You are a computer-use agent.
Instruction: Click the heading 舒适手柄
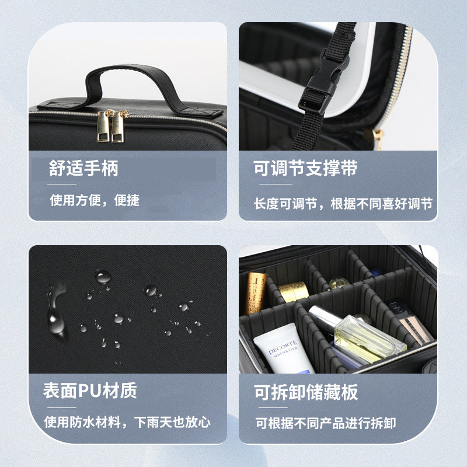[83, 169]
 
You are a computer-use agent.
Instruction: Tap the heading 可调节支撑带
[305, 169]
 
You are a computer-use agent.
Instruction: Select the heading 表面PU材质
[90, 391]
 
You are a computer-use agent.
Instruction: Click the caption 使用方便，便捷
[95, 200]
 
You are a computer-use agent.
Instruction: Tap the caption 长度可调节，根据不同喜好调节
[343, 204]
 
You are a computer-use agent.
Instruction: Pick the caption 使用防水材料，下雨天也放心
[127, 421]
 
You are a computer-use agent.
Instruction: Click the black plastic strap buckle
[317, 88]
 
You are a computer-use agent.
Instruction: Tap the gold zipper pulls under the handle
[113, 126]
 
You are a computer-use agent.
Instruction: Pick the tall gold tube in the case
[255, 292]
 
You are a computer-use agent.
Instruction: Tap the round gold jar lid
[294, 290]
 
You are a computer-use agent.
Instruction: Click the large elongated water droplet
[57, 315]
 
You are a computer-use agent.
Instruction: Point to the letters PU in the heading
[88, 391]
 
